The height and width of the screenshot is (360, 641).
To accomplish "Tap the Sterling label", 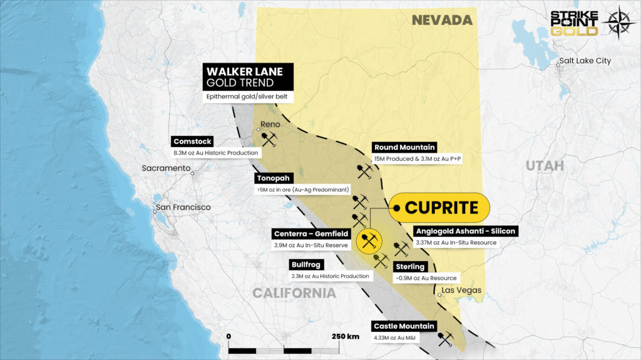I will click(x=409, y=267).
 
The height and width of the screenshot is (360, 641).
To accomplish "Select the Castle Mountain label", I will click(x=404, y=326).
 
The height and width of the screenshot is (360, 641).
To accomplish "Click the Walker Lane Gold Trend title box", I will click(x=240, y=76).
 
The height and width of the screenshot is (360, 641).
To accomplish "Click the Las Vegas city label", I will click(x=461, y=290).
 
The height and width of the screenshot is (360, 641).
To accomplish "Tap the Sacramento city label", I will click(x=165, y=168).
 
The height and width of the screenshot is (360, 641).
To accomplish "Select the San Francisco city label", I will click(x=183, y=207).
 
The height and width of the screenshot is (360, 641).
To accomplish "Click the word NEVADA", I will click(x=441, y=20).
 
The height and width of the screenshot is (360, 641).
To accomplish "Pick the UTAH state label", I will click(x=544, y=166).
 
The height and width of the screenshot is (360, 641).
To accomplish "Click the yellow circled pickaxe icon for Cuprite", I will click(x=368, y=239).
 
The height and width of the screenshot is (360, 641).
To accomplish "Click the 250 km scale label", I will click(x=345, y=336).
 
